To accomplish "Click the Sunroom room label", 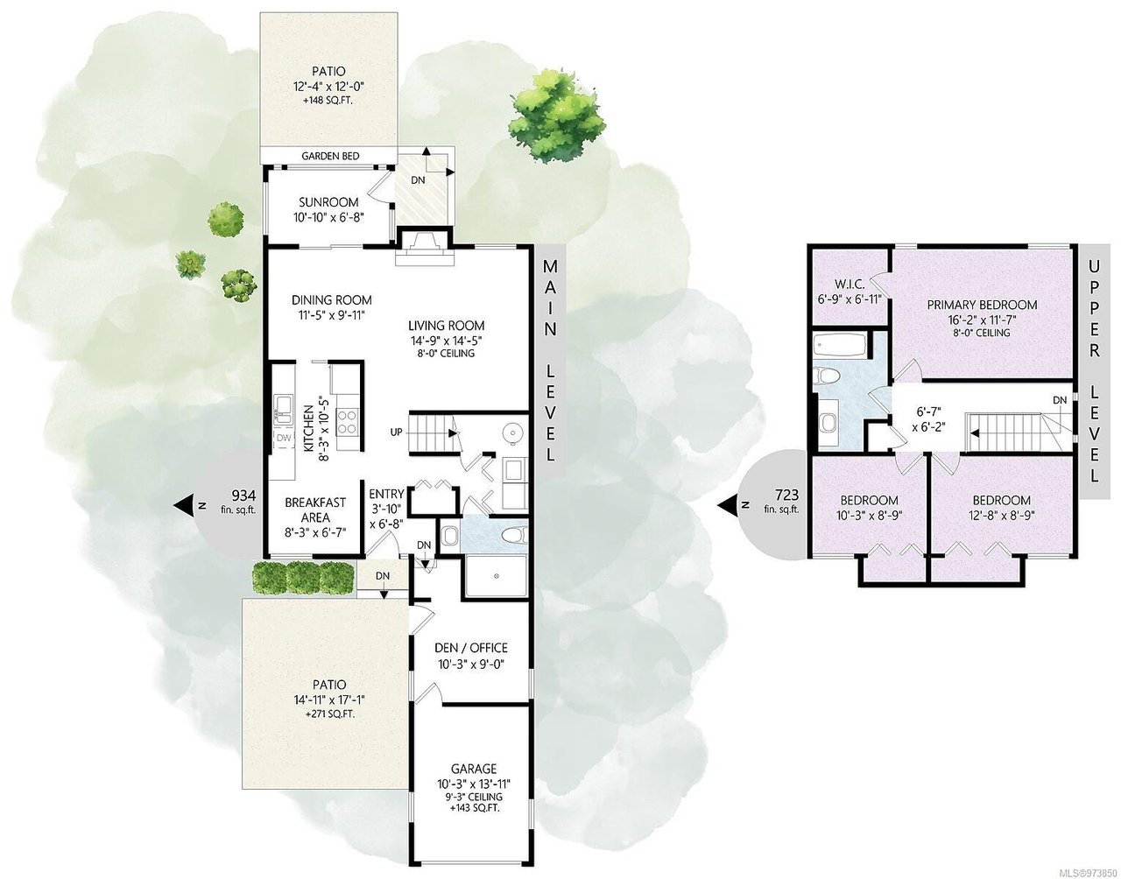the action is click(328, 201).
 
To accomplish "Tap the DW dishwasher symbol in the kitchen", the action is click(284, 439).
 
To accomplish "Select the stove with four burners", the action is click(347, 421).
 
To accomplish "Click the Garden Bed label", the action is click(330, 156).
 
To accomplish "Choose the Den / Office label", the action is click(470, 648).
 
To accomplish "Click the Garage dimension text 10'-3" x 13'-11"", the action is click(474, 784).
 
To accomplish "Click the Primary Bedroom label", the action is click(982, 305).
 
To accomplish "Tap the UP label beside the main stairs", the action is click(396, 432).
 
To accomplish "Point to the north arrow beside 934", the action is click(186, 506).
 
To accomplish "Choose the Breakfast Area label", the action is click(315, 510).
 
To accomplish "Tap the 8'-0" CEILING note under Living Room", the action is click(447, 354).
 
